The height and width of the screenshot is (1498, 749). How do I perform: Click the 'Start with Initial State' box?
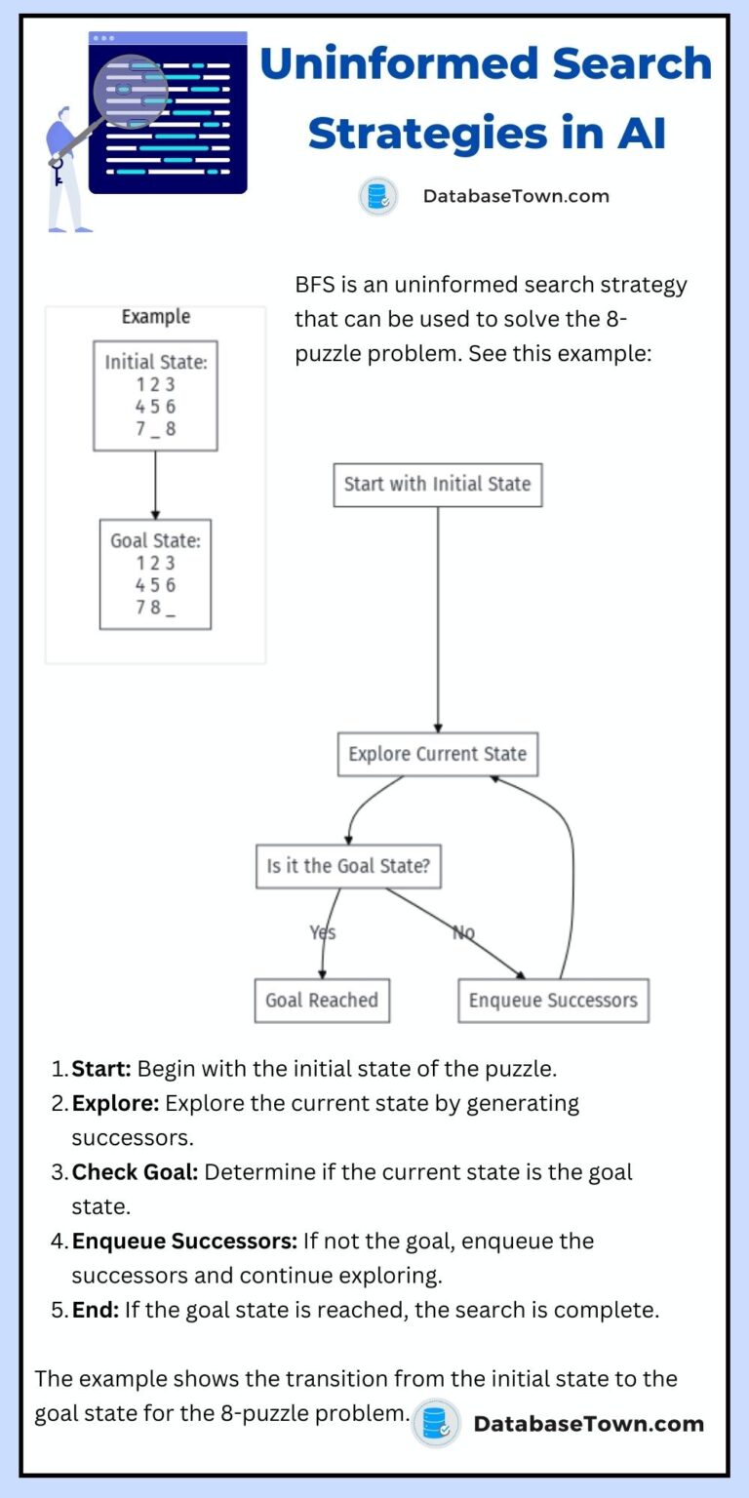[x=437, y=485]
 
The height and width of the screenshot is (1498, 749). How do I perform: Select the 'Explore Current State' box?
[x=437, y=755]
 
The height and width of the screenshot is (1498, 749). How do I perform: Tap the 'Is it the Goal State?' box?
[x=348, y=866]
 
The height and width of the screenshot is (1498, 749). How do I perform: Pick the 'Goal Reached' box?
[x=322, y=1001]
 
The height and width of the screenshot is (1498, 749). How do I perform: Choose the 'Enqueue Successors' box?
[x=553, y=1001]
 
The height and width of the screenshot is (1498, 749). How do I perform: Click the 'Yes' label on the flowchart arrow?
[x=323, y=933]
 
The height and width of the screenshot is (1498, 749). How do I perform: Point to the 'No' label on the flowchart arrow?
[x=463, y=933]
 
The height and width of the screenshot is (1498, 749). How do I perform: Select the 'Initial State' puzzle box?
[x=155, y=395]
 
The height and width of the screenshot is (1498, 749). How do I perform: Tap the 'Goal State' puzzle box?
[x=155, y=573]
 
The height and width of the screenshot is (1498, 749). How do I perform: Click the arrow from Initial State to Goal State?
[x=155, y=485]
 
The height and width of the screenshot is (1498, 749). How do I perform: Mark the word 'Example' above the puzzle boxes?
[x=155, y=317]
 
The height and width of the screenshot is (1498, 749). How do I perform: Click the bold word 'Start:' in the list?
[x=101, y=1068]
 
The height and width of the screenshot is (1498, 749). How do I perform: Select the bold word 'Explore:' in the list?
[x=116, y=1103]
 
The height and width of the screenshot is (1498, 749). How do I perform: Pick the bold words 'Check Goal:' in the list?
[x=135, y=1172]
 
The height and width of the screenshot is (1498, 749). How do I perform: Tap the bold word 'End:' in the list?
[x=96, y=1310]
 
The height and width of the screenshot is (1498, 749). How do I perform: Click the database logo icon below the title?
[x=377, y=196]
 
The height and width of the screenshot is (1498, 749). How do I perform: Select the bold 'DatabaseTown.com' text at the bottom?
[x=588, y=1424]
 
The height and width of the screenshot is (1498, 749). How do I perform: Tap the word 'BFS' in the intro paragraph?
[x=314, y=285]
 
